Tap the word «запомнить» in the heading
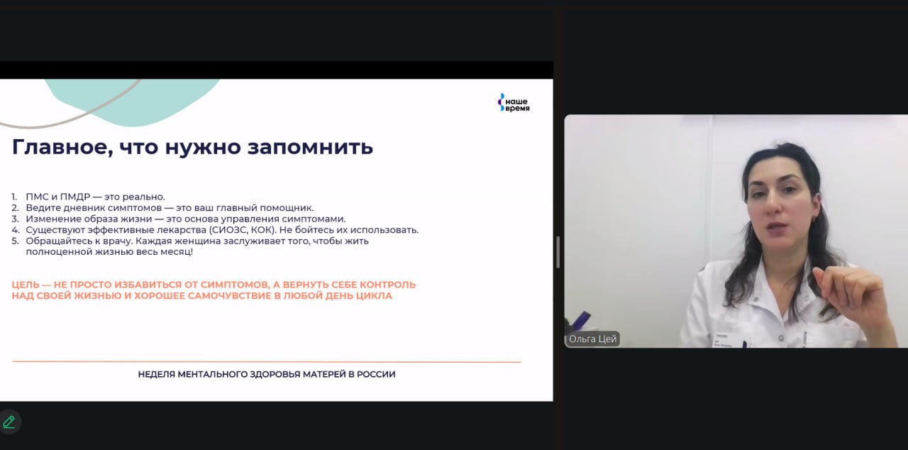coord(310,147)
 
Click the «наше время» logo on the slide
coord(514,103)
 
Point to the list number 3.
coord(15,219)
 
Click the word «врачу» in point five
coord(118,241)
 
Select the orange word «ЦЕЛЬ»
coord(26,285)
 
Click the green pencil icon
coord(9,422)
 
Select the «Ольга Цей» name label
coord(592,339)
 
